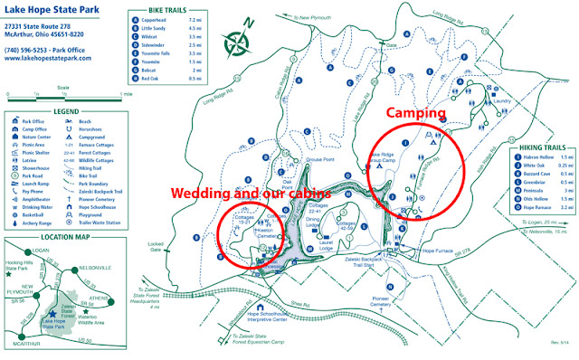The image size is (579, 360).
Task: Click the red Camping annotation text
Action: pyautogui.click(x=417, y=113)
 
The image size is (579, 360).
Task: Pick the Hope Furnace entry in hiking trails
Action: pyautogui.click(x=540, y=207)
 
